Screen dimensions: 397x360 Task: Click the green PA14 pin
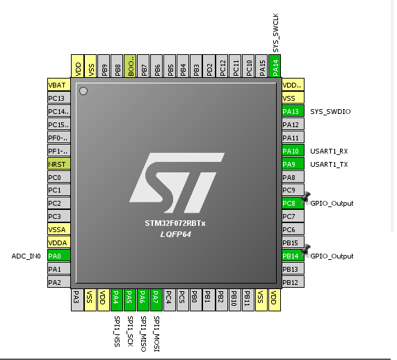click(275, 66)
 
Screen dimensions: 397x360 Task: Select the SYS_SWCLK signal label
click(276, 33)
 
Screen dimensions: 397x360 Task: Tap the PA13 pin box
click(293, 111)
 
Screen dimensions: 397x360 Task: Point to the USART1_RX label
click(329, 151)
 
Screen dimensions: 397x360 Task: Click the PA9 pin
click(293, 164)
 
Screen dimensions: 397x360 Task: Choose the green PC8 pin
click(293, 203)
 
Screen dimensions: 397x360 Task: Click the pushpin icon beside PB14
click(306, 250)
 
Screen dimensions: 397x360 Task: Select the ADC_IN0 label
click(26, 256)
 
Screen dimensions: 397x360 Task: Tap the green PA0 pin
click(58, 256)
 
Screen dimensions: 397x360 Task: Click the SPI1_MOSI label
click(156, 334)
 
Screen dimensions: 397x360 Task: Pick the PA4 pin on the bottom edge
click(117, 300)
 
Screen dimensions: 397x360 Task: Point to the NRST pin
click(58, 164)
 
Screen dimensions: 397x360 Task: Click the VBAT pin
click(58, 85)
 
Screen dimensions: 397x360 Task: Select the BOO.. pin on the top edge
click(130, 66)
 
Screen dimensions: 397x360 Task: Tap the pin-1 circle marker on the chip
click(83, 91)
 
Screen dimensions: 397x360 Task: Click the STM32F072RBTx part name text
click(175, 223)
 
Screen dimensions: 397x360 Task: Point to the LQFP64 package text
click(175, 234)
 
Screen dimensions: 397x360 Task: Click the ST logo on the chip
click(177, 183)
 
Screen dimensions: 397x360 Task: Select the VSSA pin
click(58, 229)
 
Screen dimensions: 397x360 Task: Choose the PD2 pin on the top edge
click(209, 66)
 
